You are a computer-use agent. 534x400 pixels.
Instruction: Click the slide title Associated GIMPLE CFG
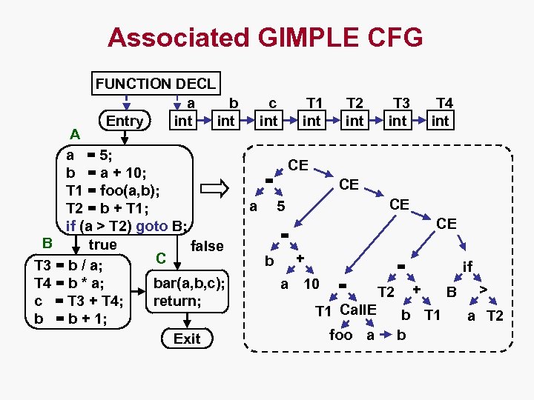(x=266, y=36)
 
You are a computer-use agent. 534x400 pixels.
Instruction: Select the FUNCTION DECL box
(x=156, y=84)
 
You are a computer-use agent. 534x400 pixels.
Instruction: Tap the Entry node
(x=125, y=121)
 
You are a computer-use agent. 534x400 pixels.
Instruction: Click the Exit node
(x=187, y=339)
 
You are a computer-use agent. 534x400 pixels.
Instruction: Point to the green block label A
(x=74, y=134)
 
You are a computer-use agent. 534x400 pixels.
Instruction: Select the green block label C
(x=159, y=258)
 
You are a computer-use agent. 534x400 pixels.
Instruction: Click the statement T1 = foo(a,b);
(x=113, y=190)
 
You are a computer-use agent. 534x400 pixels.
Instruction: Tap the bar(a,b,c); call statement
(x=188, y=284)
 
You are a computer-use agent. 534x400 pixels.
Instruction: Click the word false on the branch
(x=207, y=246)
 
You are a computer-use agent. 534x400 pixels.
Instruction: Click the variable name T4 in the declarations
(x=445, y=103)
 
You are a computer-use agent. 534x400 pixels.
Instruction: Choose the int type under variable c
(x=268, y=120)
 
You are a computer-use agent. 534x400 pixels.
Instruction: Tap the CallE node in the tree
(x=358, y=310)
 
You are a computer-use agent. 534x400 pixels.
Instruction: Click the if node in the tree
(x=467, y=266)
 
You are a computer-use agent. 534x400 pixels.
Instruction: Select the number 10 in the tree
(x=311, y=284)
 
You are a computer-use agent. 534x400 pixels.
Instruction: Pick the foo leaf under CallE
(x=341, y=335)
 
